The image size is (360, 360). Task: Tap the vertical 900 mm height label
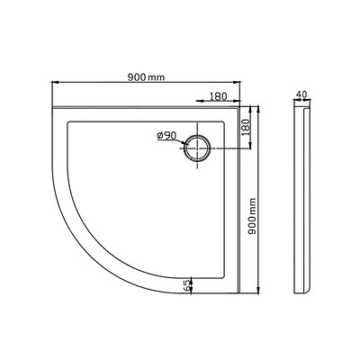[254, 219]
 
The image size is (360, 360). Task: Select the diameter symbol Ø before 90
[158, 136]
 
